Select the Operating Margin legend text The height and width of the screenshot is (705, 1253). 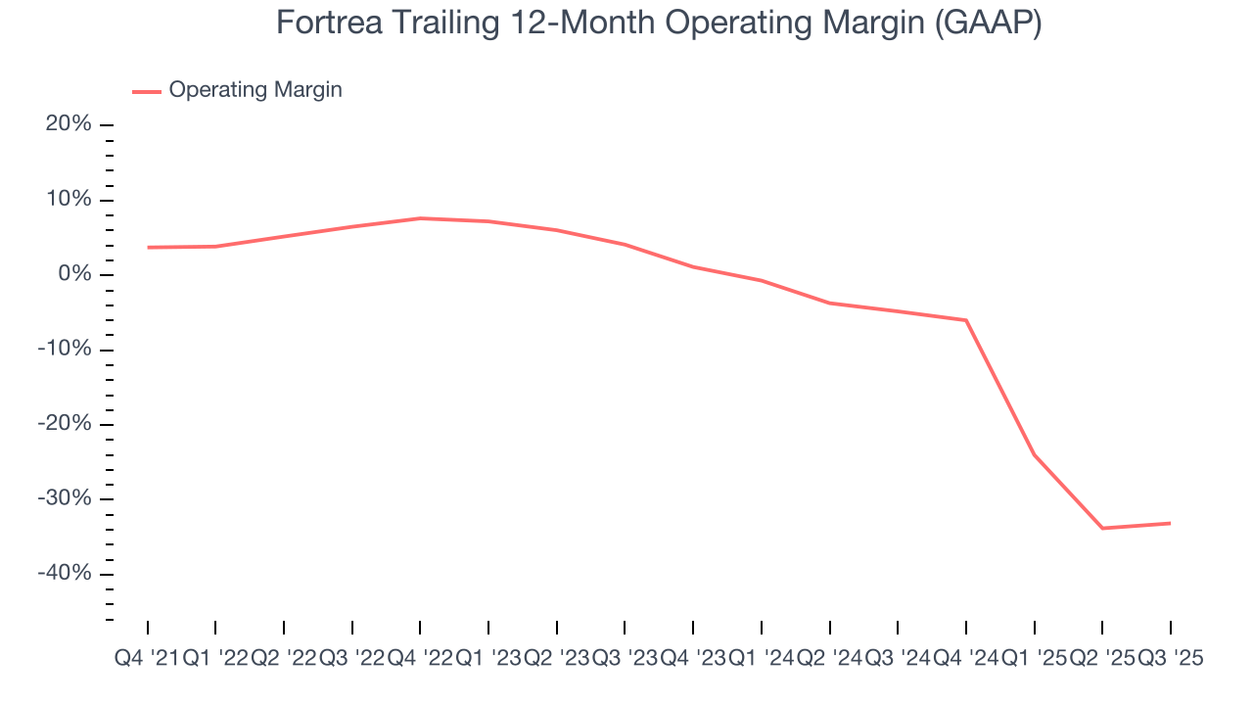tap(255, 90)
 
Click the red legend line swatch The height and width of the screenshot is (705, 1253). tap(147, 91)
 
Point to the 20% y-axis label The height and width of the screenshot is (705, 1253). tap(68, 125)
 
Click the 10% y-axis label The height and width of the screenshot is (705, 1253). tap(68, 200)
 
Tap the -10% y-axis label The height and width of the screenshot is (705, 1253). tap(64, 350)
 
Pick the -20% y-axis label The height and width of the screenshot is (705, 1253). tap(64, 424)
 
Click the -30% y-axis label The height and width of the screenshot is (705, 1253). tap(64, 499)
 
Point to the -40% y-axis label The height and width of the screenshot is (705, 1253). tap(64, 574)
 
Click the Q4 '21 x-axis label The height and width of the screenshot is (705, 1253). tap(146, 659)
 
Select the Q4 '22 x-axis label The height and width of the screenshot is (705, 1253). tap(420, 659)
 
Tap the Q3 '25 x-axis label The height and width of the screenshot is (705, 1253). tap(1169, 659)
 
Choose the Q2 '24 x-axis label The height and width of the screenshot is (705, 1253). tap(829, 659)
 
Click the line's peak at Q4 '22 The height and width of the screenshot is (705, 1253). tap(420, 218)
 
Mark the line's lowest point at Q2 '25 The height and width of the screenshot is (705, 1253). tap(1102, 528)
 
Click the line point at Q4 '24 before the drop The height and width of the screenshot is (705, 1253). tap(966, 320)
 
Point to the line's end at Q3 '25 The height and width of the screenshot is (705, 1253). tap(1170, 523)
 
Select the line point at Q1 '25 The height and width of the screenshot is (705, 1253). tap(1035, 454)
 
